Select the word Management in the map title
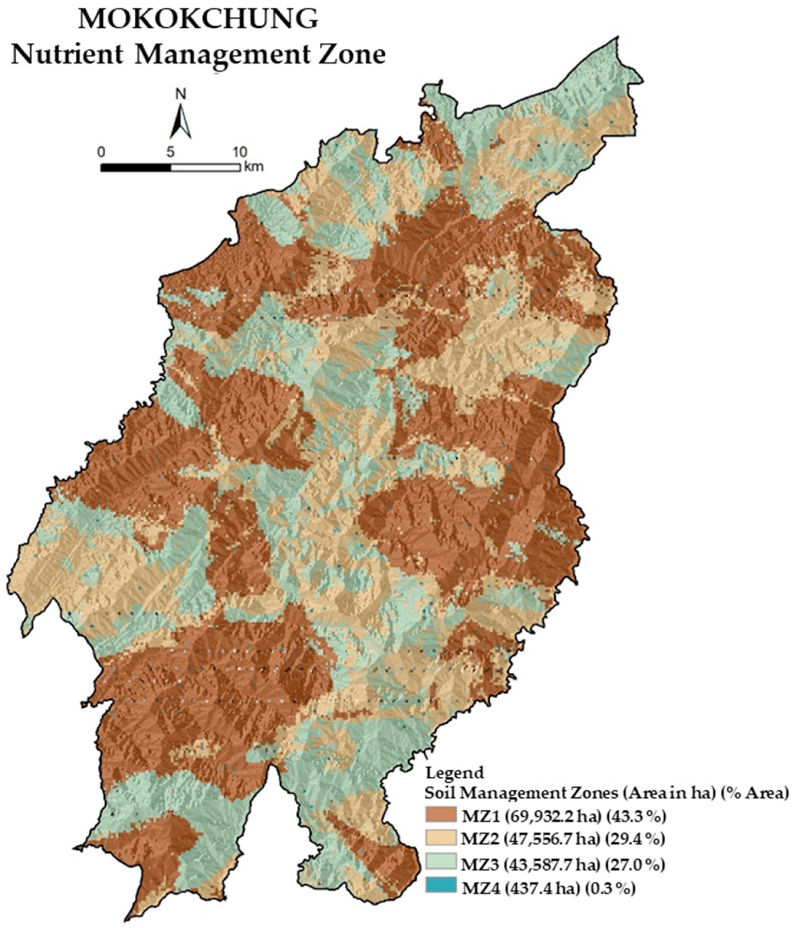[222, 56]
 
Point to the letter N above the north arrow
[181, 94]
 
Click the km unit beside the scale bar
[254, 168]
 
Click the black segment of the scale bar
[136, 168]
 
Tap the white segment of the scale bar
[205, 168]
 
